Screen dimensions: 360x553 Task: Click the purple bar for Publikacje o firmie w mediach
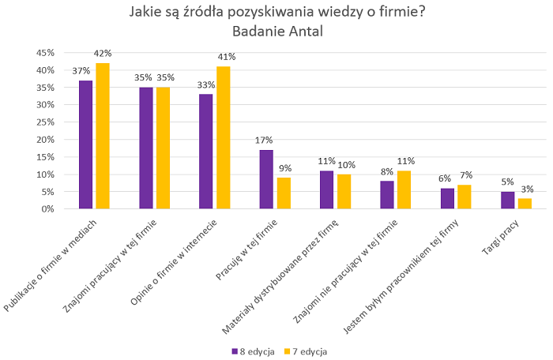[86, 144]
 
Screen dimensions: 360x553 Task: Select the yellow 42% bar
[103, 136]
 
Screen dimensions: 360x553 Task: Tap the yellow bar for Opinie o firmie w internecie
[224, 137]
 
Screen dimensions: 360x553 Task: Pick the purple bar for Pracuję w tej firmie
[266, 179]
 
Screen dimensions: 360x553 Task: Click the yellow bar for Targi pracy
[525, 204]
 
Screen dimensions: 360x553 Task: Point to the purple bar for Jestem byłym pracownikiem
[447, 198]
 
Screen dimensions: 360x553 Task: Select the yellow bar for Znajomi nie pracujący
[404, 189]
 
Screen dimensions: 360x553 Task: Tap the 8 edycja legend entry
[252, 351]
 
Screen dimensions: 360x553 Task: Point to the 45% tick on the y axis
[43, 53]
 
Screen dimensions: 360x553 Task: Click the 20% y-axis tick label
[43, 140]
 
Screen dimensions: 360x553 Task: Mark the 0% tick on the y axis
[46, 209]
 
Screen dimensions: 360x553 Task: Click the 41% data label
[227, 57]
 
